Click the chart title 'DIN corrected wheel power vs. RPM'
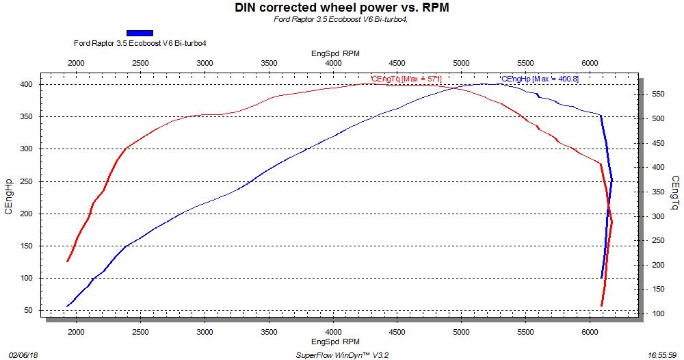[342, 8]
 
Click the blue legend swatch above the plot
[140, 32]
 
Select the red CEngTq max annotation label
[406, 79]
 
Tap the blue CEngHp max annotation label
[540, 79]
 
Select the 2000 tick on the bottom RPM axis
[76, 329]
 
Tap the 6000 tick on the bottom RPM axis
[590, 329]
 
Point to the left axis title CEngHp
[9, 197]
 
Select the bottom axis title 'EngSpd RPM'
[335, 340]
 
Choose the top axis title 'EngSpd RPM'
[335, 53]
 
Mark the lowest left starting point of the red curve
[67, 261]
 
